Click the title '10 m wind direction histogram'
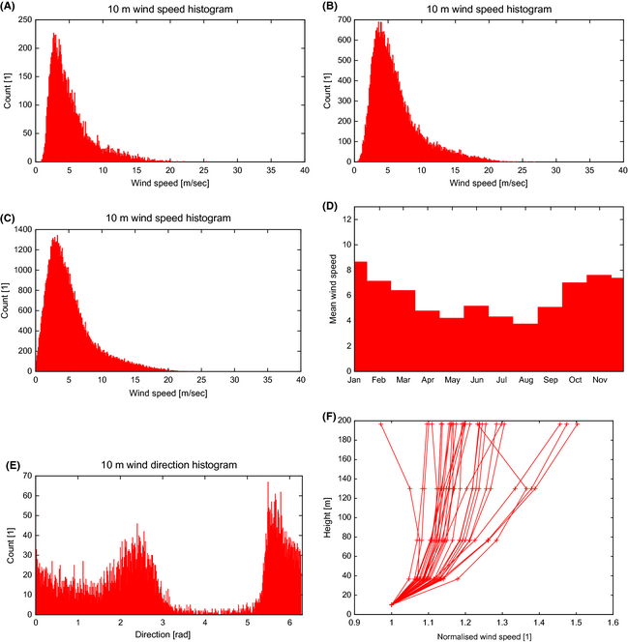tap(168, 466)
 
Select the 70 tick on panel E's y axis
tap(26, 477)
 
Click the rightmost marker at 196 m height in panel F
tap(578, 423)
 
